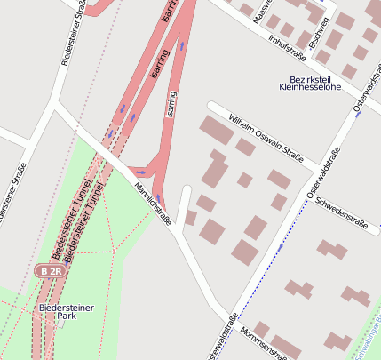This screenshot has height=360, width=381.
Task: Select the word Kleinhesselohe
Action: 310,87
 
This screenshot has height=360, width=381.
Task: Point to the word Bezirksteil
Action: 310,77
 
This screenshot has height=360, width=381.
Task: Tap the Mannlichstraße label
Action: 153,203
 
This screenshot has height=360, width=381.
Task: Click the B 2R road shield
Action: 51,269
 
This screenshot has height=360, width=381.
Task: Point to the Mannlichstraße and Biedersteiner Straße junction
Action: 57,105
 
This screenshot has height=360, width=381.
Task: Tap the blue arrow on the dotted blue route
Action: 281,245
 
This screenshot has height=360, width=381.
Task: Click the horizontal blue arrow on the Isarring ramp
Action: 140,172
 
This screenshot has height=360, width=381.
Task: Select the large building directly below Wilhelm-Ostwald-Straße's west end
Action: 216,131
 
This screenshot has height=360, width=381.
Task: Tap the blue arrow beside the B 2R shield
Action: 66,263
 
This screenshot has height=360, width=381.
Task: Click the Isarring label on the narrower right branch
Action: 171,105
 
